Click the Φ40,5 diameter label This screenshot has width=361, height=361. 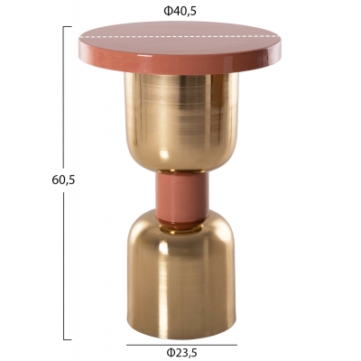point(180,11)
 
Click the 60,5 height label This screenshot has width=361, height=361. point(63,180)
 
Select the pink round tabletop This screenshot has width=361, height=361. point(180,48)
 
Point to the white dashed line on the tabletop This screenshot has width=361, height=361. point(180,37)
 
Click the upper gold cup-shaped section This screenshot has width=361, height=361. point(181,122)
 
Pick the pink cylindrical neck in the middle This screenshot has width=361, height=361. point(181,197)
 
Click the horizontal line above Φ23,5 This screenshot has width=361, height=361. point(181,345)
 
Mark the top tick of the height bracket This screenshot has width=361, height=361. point(68,27)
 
